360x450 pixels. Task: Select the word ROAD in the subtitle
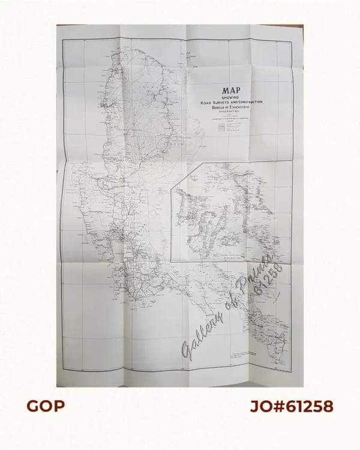point(206,103)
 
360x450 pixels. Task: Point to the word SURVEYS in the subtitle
point(220,103)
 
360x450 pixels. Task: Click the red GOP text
point(46,406)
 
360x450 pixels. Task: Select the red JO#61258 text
point(292,406)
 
